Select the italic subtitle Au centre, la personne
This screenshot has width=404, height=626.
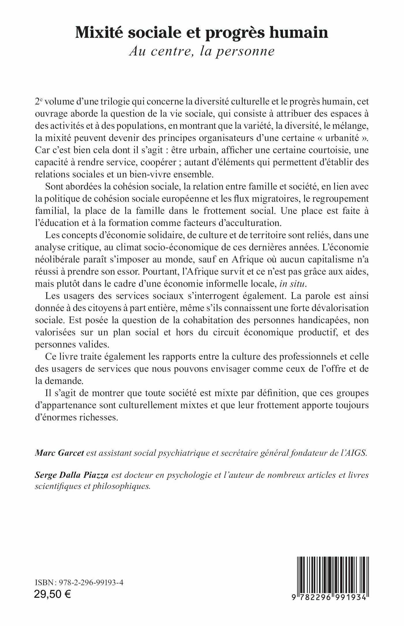coord(202,51)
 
